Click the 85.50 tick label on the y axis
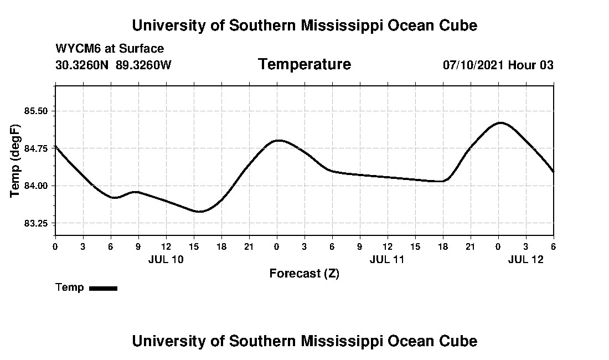click(36, 111)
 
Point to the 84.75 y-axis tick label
click(36, 148)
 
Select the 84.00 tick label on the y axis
click(36, 186)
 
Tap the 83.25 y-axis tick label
click(36, 223)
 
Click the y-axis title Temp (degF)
click(16, 161)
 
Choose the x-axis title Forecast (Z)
click(304, 273)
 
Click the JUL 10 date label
click(166, 259)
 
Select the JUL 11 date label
click(388, 259)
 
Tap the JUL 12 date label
click(526, 259)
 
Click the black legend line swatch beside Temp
click(103, 288)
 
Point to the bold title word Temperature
click(304, 64)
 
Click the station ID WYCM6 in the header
click(75, 49)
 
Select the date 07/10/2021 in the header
click(473, 65)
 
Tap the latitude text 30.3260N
click(83, 65)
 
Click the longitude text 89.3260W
click(144, 65)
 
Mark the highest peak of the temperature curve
click(500, 122)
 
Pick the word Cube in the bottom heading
click(458, 341)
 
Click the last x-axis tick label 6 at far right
click(553, 246)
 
